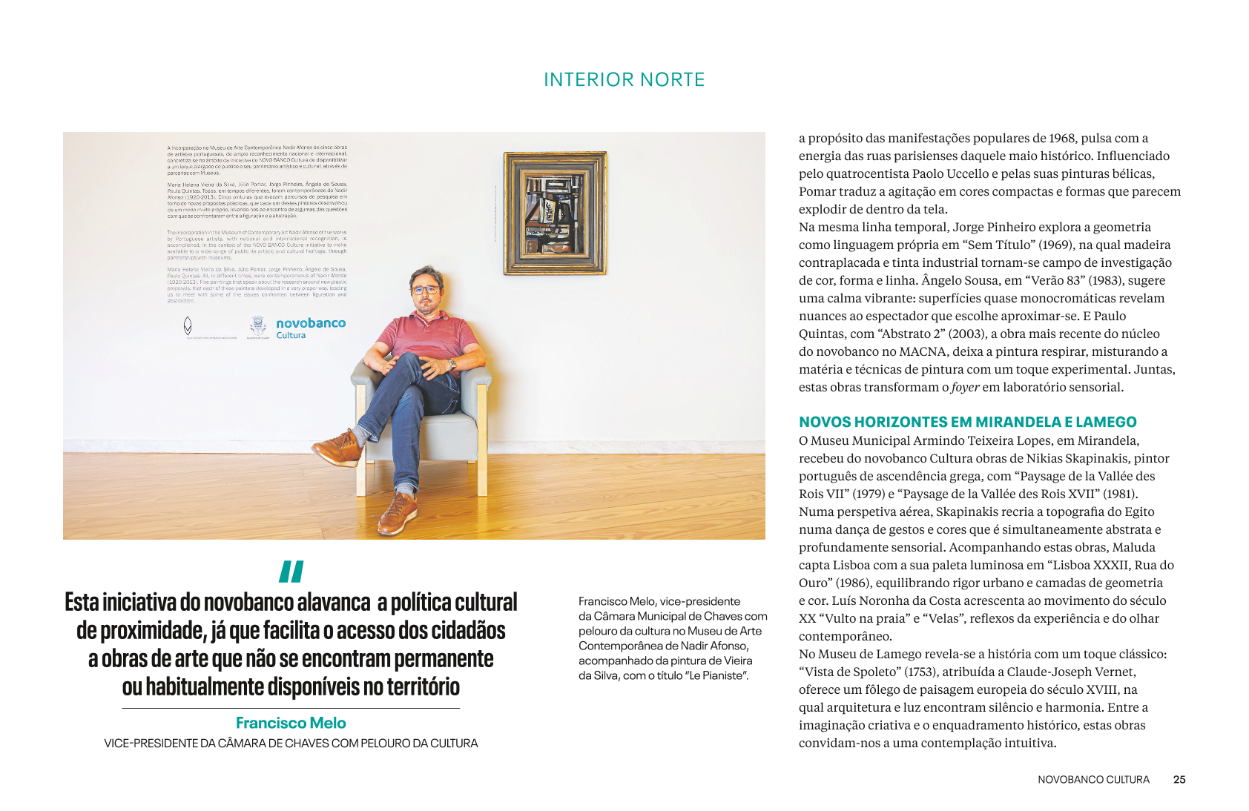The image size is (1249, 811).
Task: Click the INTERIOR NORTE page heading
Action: [x=624, y=80]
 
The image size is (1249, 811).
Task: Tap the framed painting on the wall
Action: [x=555, y=213]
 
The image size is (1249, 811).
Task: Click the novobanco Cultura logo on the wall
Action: [x=310, y=328]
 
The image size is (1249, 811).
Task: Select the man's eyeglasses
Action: [x=426, y=290]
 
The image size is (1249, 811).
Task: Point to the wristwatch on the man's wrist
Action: [x=452, y=364]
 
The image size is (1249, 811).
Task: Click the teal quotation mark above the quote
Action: [x=291, y=572]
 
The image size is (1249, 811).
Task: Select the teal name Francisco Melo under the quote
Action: [x=291, y=723]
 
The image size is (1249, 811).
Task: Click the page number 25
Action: [x=1179, y=779]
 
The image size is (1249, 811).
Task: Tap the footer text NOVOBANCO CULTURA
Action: [x=1093, y=779]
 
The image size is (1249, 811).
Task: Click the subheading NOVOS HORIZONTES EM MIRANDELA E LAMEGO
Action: [x=967, y=422]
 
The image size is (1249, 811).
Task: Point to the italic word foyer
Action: [x=965, y=387]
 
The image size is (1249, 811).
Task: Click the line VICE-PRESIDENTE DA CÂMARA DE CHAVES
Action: [x=291, y=743]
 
